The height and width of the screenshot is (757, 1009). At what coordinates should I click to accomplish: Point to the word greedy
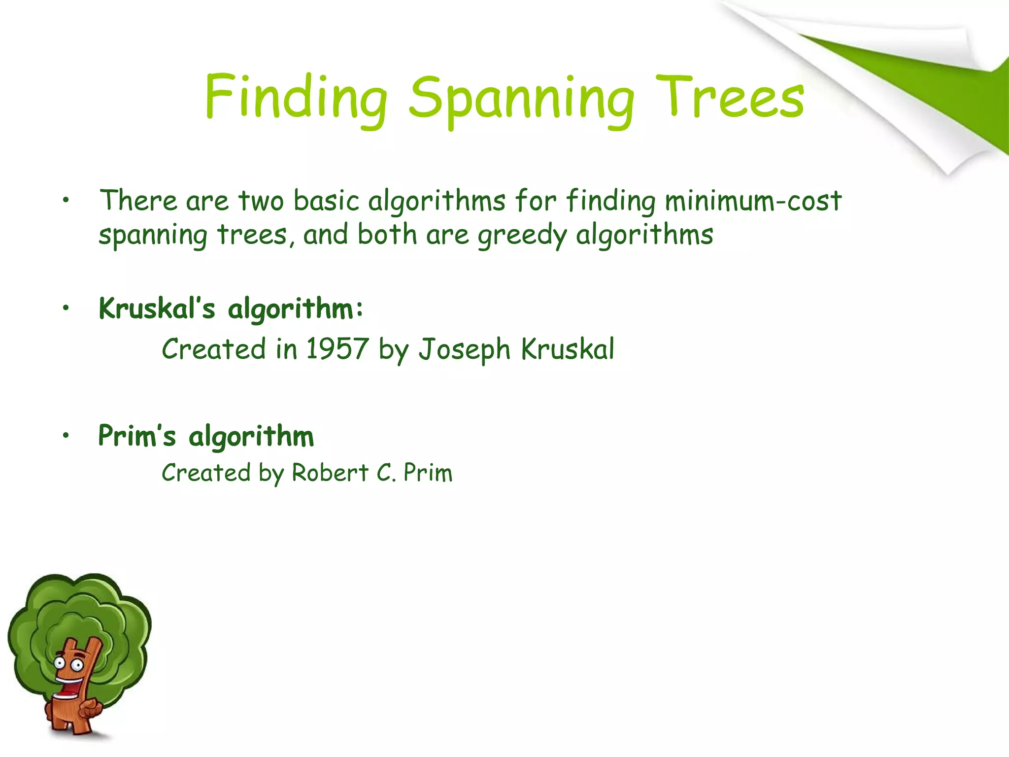point(522,235)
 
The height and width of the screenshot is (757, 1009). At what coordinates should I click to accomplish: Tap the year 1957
point(337,349)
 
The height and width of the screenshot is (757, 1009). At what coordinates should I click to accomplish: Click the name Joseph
point(465,350)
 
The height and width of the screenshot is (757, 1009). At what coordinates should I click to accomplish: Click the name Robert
point(330,473)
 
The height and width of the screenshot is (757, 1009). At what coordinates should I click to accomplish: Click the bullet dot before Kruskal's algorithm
point(66,309)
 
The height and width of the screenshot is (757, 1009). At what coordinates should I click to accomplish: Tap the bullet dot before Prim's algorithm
point(66,436)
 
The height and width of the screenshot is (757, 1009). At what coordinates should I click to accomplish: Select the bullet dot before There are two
point(66,201)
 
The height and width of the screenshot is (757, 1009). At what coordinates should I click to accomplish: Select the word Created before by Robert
point(206,473)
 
